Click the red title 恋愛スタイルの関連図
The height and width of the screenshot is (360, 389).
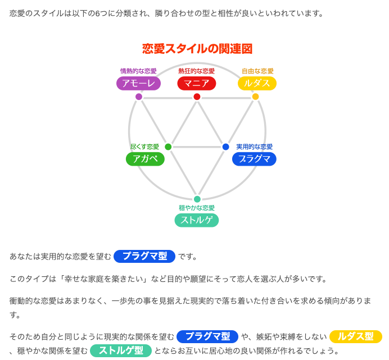197,49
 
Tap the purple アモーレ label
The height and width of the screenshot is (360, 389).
138,84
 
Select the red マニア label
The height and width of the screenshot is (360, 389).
197,84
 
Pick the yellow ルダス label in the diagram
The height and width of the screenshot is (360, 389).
257,84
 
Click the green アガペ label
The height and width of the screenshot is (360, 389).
145,159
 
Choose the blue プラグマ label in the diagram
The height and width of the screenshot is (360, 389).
254,159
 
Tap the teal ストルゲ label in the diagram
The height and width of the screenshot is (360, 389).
197,220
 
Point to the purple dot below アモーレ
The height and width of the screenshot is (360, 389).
139,97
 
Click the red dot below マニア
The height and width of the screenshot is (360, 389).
197,97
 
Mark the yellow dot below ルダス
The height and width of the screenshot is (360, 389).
255,97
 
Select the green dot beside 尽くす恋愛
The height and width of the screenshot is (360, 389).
168,147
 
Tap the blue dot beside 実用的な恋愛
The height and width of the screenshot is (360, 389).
225,147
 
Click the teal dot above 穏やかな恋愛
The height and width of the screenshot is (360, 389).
197,199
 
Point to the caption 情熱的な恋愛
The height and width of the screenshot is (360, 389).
138,71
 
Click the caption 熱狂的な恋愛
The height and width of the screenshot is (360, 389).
197,71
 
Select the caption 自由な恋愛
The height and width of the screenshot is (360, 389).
257,71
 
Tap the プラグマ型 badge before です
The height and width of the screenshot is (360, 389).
144,256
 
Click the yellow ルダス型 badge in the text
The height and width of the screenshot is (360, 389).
355,336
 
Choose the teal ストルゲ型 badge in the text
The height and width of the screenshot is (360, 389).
120,351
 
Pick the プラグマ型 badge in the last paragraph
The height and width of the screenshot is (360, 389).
207,336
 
